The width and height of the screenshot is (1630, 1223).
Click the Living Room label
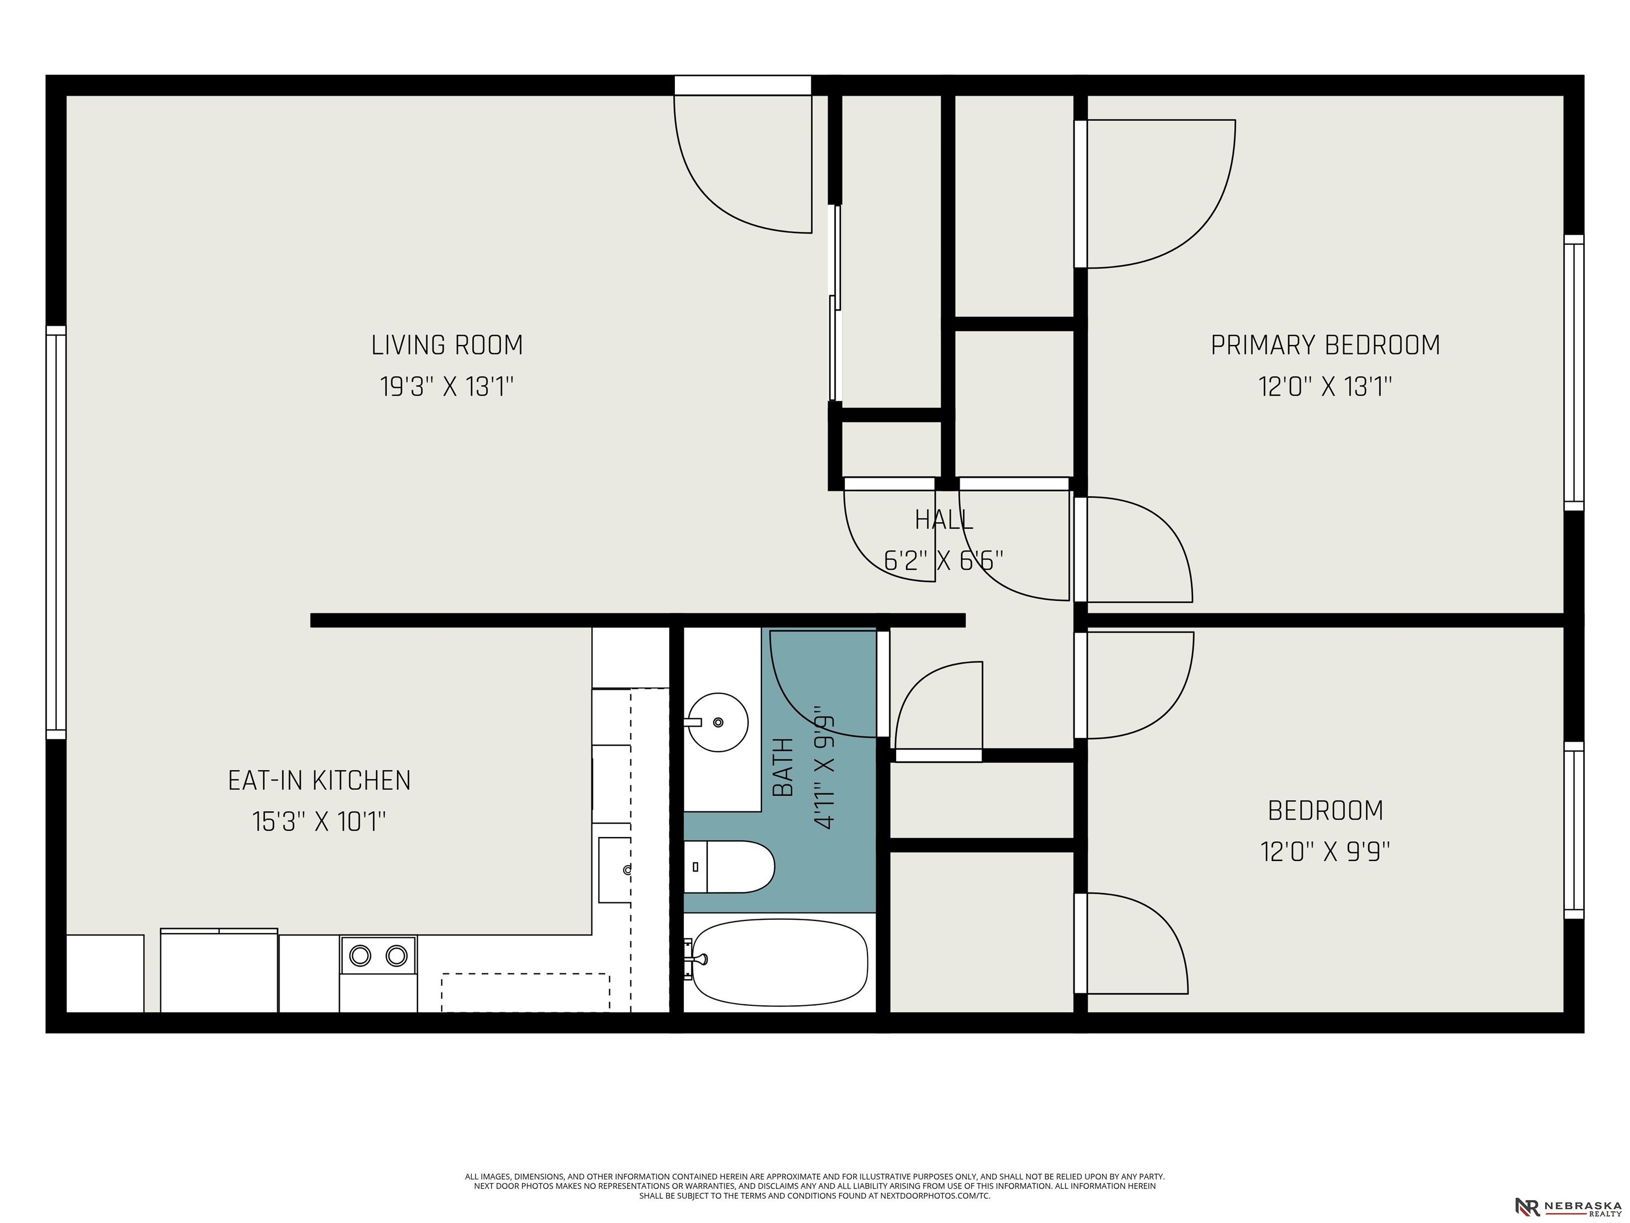pos(447,345)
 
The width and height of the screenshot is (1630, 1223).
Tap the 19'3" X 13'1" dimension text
pos(447,386)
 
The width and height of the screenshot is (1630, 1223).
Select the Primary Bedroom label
pos(1325,345)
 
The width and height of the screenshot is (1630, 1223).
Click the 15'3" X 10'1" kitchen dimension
pos(319,821)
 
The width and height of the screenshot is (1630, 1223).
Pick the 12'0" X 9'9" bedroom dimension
pos(1325,852)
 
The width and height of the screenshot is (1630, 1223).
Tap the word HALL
pos(944,520)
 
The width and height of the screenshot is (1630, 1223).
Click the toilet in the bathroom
pos(729,866)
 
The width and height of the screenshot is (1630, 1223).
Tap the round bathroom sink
pos(718,722)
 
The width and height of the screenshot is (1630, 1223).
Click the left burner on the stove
pos(360,955)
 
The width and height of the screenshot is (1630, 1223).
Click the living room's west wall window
pos(56,532)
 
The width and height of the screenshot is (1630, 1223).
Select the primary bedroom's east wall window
pos(1573,372)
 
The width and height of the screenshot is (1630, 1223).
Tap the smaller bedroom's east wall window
pos(1573,830)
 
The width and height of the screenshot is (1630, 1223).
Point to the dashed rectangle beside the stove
pos(525,992)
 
